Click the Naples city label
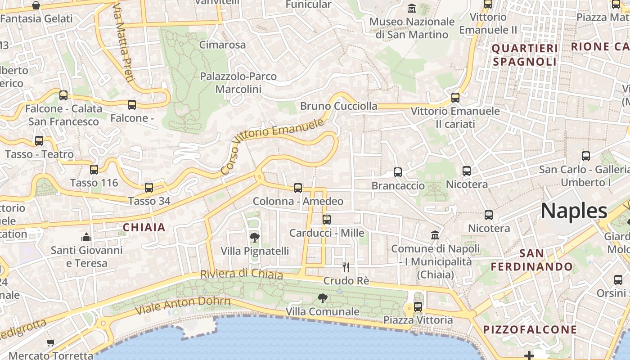click(x=574, y=211)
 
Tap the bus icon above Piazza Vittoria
click(x=418, y=307)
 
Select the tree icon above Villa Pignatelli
click(x=254, y=238)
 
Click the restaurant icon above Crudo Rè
click(x=346, y=267)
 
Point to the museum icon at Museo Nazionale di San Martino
click(x=411, y=8)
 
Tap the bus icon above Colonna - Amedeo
click(x=298, y=188)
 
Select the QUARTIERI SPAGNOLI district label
click(x=525, y=55)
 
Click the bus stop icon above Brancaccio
click(x=398, y=172)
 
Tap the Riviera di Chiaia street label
click(x=241, y=274)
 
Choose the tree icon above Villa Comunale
click(x=322, y=298)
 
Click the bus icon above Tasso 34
click(x=149, y=188)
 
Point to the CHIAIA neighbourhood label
click(x=144, y=228)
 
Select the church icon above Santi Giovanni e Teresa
click(x=86, y=237)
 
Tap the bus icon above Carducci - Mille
click(x=327, y=220)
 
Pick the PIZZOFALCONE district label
click(x=530, y=329)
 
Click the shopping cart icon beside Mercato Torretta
click(x=51, y=343)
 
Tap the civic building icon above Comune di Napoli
click(x=435, y=235)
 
